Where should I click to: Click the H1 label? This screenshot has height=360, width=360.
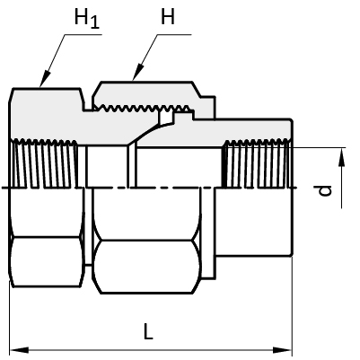[x=87, y=19]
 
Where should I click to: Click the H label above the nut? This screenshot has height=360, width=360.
[x=168, y=16]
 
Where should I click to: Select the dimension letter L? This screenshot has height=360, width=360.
[x=148, y=331]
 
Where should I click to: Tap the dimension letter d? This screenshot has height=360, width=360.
[x=325, y=190]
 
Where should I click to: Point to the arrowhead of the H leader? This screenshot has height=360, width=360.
[x=137, y=73]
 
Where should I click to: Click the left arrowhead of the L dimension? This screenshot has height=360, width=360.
[x=19, y=350]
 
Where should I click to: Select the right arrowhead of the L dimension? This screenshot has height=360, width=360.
[x=282, y=350]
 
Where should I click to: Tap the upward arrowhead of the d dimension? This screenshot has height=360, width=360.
[x=342, y=157]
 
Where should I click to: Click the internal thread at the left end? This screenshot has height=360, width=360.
[x=44, y=163]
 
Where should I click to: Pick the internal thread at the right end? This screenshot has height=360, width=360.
[x=257, y=163]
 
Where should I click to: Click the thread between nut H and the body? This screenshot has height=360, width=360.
[x=141, y=109]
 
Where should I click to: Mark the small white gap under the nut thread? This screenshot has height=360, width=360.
[x=166, y=118]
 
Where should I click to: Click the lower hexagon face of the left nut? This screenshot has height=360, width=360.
[x=46, y=262]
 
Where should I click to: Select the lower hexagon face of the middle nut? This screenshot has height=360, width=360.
[x=146, y=267]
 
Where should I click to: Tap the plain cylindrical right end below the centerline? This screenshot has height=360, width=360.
[x=253, y=222]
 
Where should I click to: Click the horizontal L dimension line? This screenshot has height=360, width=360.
[x=151, y=350]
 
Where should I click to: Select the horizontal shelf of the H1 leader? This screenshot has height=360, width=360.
[x=83, y=35]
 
